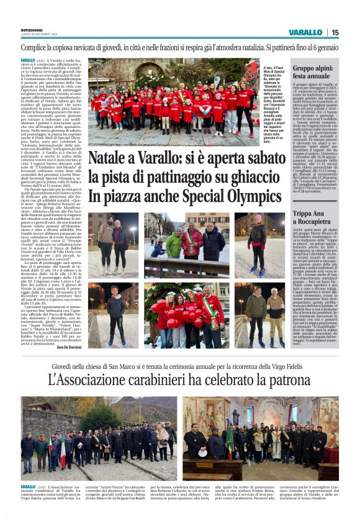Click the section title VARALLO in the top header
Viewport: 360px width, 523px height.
click(x=305, y=32)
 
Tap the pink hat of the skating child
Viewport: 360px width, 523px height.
click(x=257, y=219)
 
